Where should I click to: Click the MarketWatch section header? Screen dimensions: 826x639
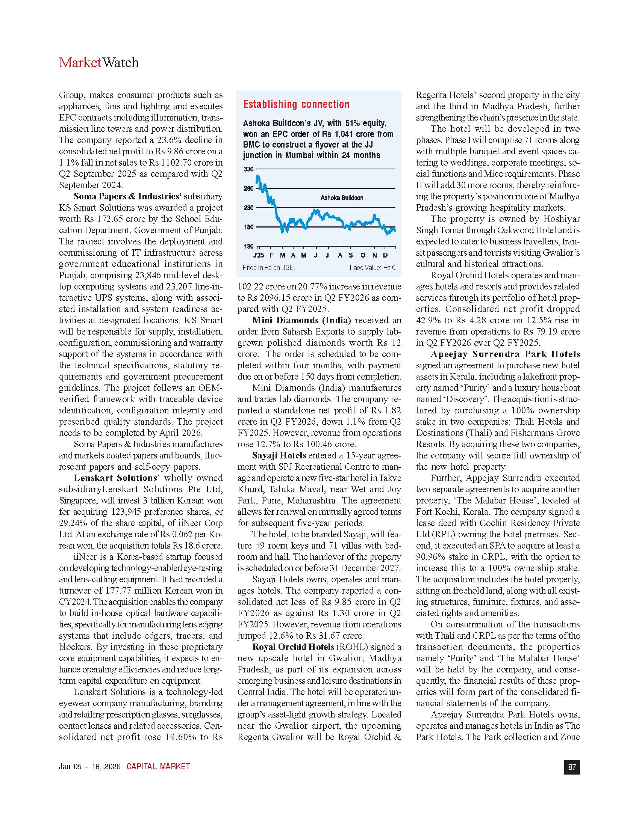(99, 63)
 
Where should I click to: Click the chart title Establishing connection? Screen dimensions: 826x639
(296, 104)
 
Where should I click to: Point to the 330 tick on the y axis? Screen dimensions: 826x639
(248, 169)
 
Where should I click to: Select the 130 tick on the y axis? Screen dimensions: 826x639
(248, 246)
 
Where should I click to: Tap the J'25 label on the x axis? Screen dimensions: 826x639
(259, 255)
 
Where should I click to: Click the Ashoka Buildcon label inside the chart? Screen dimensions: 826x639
(341, 198)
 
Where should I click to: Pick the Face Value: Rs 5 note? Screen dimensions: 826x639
(372, 267)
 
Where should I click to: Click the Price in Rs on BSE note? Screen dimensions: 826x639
(268, 267)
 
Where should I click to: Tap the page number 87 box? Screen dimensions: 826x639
(572, 767)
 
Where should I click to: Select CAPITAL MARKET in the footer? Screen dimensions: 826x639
(158, 767)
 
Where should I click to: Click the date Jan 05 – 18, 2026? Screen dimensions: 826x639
(89, 767)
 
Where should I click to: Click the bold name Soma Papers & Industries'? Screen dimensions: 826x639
(127, 196)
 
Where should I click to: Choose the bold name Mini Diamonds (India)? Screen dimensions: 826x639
(301, 320)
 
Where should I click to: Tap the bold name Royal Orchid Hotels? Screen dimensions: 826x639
(294, 647)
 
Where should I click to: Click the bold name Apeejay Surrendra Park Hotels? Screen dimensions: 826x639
(505, 354)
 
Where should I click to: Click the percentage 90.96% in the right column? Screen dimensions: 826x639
(430, 557)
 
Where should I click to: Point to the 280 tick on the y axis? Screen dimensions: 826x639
(248, 188)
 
